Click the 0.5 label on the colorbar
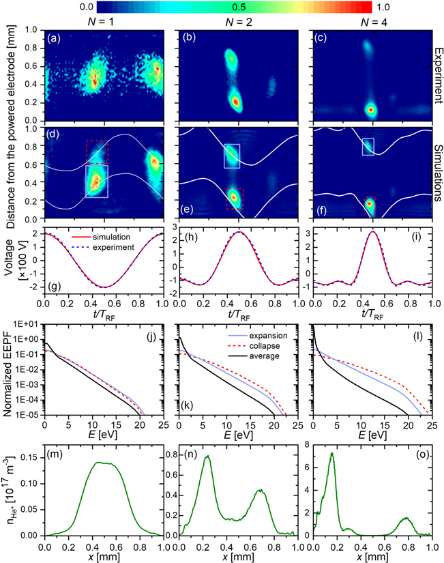tap(235, 7)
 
